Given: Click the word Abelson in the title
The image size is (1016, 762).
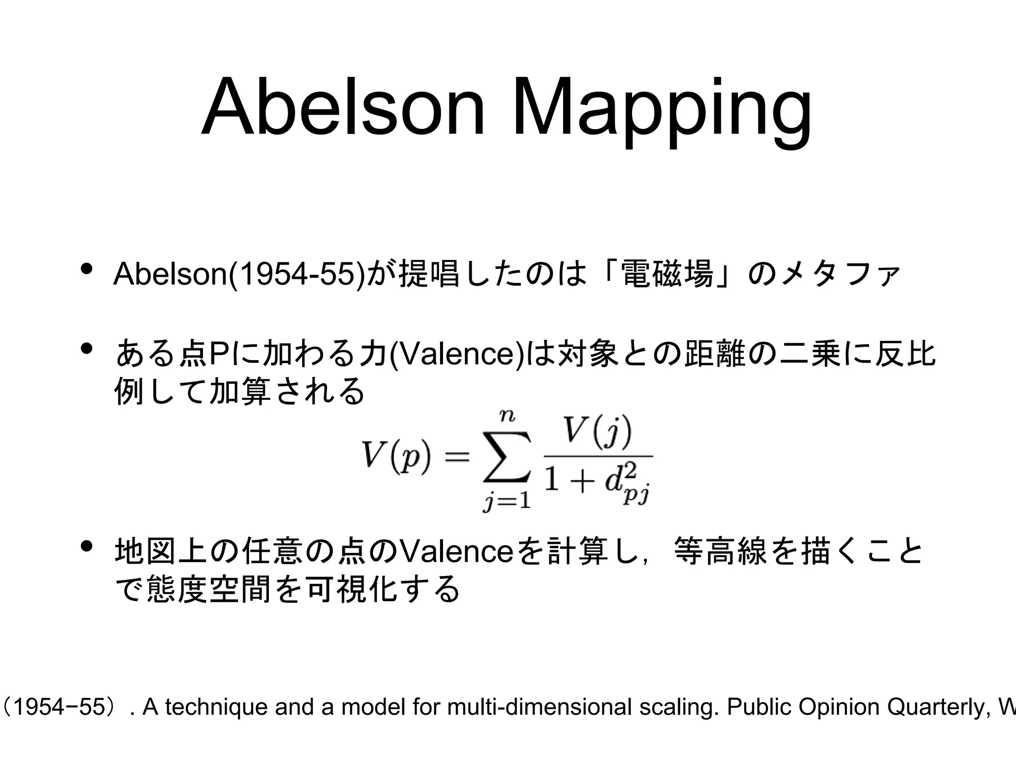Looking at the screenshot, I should (342, 107).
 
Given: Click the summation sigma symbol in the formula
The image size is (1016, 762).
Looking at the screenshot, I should (507, 457).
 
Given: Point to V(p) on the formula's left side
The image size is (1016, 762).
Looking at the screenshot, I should (395, 455).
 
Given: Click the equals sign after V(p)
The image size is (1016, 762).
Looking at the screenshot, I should (456, 456).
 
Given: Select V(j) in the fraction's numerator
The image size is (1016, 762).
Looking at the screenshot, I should (598, 432).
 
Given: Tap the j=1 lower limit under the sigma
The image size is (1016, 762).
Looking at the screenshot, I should (507, 502).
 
